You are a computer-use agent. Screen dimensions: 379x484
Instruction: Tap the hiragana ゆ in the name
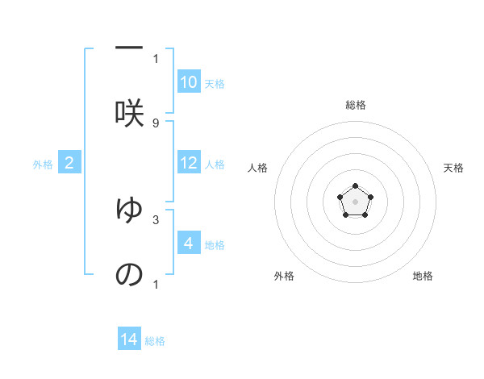click(x=129, y=208)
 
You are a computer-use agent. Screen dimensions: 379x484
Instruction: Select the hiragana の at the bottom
click(x=129, y=274)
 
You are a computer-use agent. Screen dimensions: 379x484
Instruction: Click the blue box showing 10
click(x=189, y=82)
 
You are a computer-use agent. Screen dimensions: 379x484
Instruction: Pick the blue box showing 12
click(x=189, y=163)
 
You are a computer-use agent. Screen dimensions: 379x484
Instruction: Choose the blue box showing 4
click(x=189, y=244)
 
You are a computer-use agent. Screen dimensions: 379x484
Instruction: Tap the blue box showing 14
click(x=129, y=340)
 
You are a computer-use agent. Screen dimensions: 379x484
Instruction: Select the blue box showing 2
click(x=69, y=163)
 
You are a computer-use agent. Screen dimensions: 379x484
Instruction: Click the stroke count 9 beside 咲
click(x=156, y=123)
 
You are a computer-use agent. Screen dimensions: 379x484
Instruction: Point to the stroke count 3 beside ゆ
click(x=156, y=219)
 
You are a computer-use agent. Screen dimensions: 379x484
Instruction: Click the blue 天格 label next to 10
click(x=215, y=84)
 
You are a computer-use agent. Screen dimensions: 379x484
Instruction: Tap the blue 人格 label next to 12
click(x=215, y=165)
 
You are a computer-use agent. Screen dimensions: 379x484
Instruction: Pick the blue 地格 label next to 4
click(x=215, y=245)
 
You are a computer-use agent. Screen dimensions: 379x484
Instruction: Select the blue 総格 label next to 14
click(x=155, y=341)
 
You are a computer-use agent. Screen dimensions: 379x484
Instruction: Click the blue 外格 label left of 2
click(x=43, y=165)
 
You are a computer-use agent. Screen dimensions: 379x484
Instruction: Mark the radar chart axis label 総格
click(x=355, y=105)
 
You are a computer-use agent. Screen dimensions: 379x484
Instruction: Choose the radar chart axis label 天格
click(x=453, y=168)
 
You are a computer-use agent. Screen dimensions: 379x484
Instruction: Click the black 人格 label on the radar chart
click(x=258, y=168)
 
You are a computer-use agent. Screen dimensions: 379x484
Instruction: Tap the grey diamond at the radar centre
click(x=355, y=201)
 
